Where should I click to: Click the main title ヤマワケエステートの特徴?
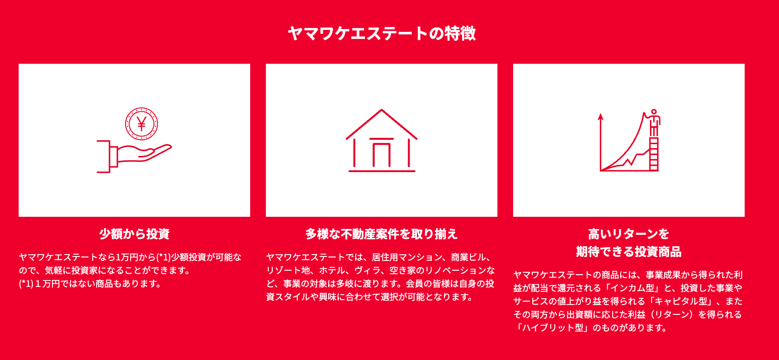[x=382, y=34]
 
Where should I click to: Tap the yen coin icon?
[x=142, y=124]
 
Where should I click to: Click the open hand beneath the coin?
[x=134, y=156]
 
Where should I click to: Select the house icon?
[x=382, y=141]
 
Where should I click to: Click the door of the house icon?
[x=382, y=153]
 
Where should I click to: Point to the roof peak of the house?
[x=382, y=110]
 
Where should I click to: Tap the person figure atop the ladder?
[x=654, y=123]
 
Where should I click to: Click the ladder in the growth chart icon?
[x=654, y=154]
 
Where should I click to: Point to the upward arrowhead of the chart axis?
[x=600, y=117]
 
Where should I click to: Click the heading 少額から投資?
[x=134, y=234]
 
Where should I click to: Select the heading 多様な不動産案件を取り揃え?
[x=382, y=234]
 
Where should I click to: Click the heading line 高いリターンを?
[x=628, y=234]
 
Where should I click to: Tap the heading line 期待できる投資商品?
[x=628, y=252]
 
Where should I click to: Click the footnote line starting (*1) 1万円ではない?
[x=90, y=284]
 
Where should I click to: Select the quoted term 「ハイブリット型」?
[x=551, y=328]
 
